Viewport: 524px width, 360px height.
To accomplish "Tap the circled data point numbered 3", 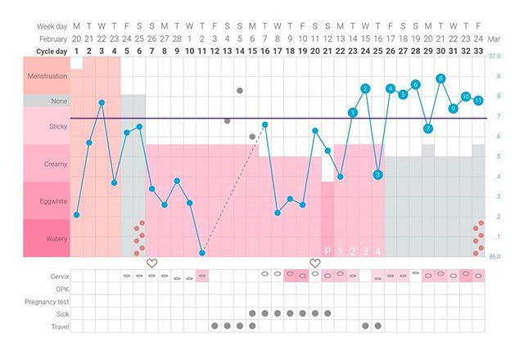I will tap(377, 174).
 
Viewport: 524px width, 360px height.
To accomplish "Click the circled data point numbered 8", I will tap(440, 79).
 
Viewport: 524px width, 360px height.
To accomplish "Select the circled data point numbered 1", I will tap(353, 112).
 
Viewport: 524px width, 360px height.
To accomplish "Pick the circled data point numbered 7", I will tap(428, 128).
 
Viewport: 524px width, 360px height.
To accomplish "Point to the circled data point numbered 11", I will tap(478, 100).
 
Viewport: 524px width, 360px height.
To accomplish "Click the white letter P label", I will tap(327, 250).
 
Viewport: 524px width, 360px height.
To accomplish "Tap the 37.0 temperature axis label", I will tap(494, 56).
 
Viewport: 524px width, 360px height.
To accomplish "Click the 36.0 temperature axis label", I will tap(494, 256).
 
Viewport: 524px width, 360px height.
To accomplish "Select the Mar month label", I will tap(495, 38).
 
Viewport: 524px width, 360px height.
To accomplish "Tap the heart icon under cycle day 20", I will tap(315, 263).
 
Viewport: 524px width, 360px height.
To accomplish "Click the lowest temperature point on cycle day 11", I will tap(202, 253).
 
